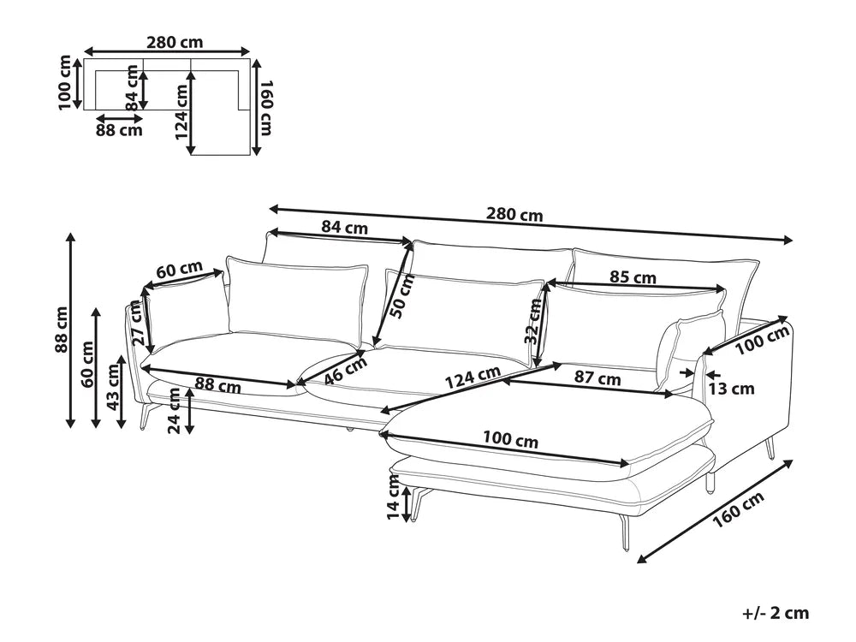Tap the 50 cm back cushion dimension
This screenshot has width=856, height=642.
(403, 296)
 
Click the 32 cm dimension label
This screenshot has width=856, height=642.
(533, 321)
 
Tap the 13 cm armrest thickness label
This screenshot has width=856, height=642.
(732, 388)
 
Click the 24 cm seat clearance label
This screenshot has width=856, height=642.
(174, 410)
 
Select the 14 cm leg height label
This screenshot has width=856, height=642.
(393, 496)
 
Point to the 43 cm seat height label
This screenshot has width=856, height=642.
(113, 387)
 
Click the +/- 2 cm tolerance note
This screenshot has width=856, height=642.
(776, 613)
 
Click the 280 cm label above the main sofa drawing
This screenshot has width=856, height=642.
(514, 214)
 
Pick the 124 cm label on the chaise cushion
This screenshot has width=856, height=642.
(473, 377)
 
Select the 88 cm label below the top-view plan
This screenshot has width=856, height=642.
(119, 130)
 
